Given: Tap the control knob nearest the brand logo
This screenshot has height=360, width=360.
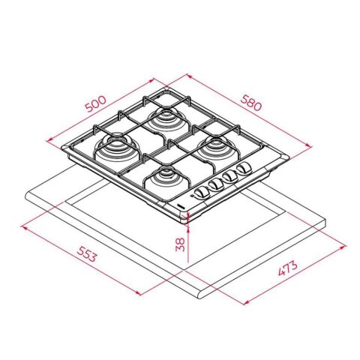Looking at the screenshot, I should coord(200,193).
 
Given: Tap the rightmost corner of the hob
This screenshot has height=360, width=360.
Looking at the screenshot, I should coord(288,157).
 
